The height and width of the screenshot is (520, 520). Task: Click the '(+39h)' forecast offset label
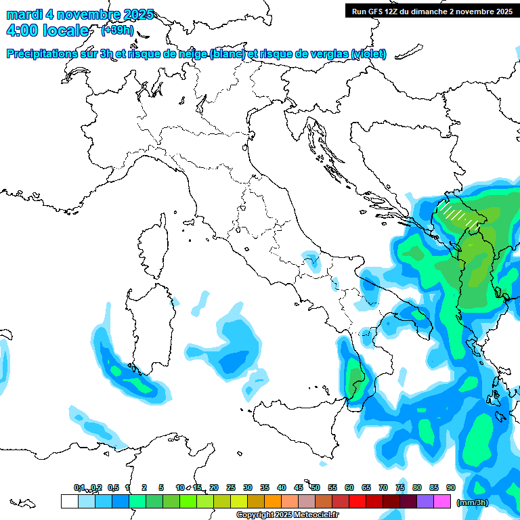pos(117,30)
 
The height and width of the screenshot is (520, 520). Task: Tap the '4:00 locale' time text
pos(47,30)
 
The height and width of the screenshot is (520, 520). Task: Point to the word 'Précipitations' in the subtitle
pos(44,54)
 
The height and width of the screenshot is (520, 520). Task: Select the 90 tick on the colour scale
pos(451,487)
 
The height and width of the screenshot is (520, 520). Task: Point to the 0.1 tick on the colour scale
pos(79,487)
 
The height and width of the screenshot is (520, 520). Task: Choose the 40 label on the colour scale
pos(282,487)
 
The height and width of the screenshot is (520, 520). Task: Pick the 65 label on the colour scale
pos(366,487)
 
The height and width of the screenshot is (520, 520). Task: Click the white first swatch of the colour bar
pos(69,501)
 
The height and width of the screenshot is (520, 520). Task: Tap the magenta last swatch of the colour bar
pos(442,501)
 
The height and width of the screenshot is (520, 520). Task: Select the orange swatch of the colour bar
pos(273,501)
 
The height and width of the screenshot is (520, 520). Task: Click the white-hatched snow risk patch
pos(458,215)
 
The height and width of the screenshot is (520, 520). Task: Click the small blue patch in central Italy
pos(311,261)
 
